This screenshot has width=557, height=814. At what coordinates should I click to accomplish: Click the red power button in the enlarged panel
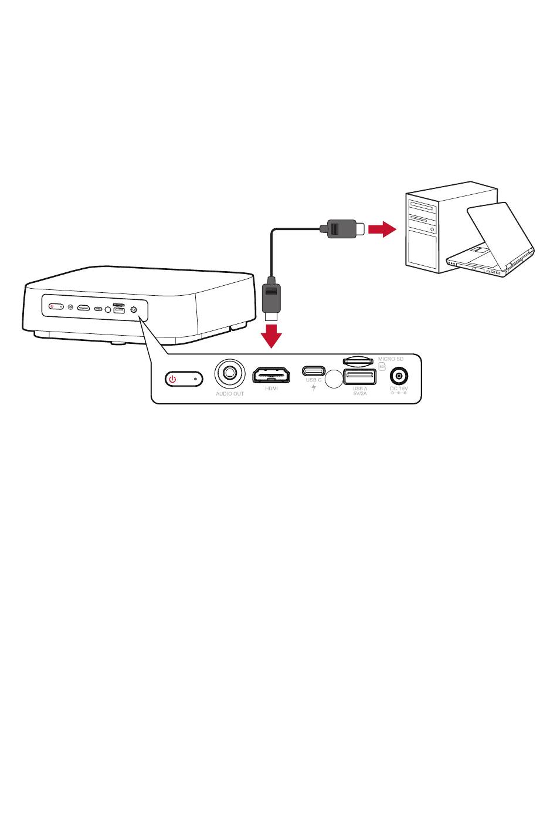(184, 379)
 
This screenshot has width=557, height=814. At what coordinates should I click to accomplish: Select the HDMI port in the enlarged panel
(271, 374)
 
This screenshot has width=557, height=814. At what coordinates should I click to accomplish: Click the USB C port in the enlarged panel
(313, 370)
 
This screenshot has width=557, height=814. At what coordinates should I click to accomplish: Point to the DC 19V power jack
(399, 376)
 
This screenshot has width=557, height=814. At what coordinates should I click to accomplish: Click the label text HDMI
(271, 389)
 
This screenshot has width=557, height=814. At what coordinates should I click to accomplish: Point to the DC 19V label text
(399, 388)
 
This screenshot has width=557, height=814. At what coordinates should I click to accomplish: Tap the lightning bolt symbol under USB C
(314, 388)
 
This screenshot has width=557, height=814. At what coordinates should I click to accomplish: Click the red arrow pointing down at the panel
(271, 335)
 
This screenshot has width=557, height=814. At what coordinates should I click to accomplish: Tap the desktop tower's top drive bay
(423, 207)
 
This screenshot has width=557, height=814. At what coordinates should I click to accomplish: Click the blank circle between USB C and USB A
(333, 379)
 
